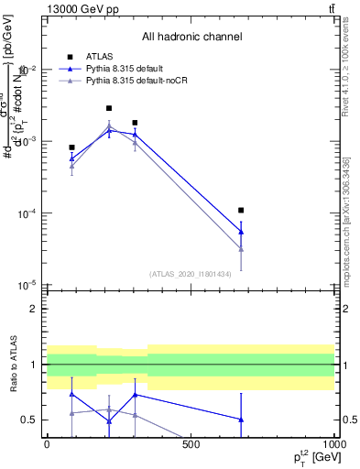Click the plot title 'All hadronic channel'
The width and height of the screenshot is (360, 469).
pyautogui.click(x=191, y=37)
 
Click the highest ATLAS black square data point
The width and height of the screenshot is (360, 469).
pyautogui.click(x=109, y=108)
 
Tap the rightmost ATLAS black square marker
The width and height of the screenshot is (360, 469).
pyautogui.click(x=241, y=211)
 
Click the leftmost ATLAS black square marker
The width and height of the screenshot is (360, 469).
pyautogui.click(x=71, y=147)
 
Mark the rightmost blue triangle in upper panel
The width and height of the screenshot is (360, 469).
pyautogui.click(x=241, y=232)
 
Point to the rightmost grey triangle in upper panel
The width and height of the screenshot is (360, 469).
pyautogui.click(x=241, y=248)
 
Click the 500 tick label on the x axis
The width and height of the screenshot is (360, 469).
pyautogui.click(x=191, y=444)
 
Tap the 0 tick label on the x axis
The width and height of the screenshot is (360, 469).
pyautogui.click(x=47, y=444)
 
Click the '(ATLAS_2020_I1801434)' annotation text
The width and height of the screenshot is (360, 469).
pyautogui.click(x=191, y=273)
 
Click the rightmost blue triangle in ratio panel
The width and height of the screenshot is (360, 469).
pyautogui.click(x=241, y=420)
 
